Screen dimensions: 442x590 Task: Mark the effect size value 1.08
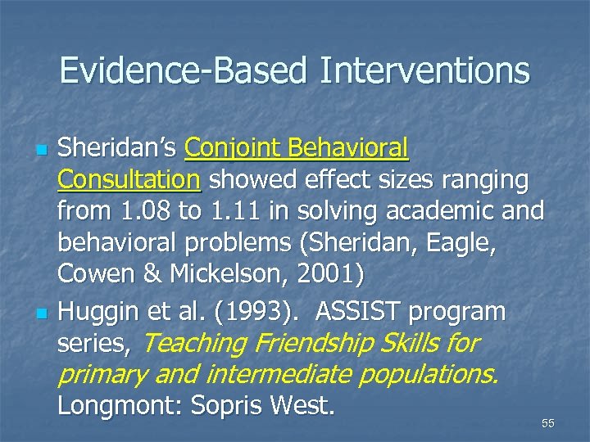[143, 211]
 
